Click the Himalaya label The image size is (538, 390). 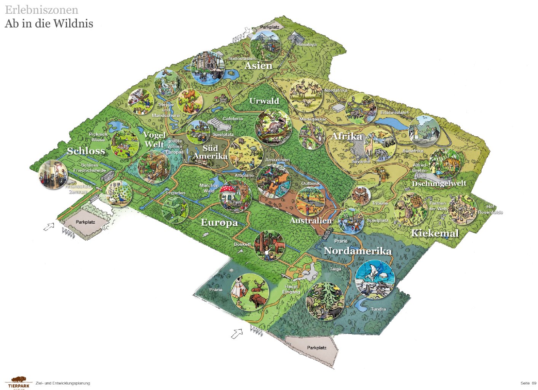click(307, 45)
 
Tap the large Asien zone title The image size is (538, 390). click(259, 66)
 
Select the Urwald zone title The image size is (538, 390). click(264, 101)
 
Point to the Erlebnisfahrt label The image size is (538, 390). click(394, 113)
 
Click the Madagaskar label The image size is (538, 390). click(313, 119)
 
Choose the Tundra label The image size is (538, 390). click(378, 309)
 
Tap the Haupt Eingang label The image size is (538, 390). click(291, 289)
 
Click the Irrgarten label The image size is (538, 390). click(176, 193)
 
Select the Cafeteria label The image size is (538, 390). click(232, 119)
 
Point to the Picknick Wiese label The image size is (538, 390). click(98, 137)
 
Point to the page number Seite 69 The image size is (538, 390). click(528, 383)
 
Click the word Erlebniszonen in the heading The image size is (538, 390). click(42, 10)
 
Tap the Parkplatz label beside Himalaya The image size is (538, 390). click(270, 27)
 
